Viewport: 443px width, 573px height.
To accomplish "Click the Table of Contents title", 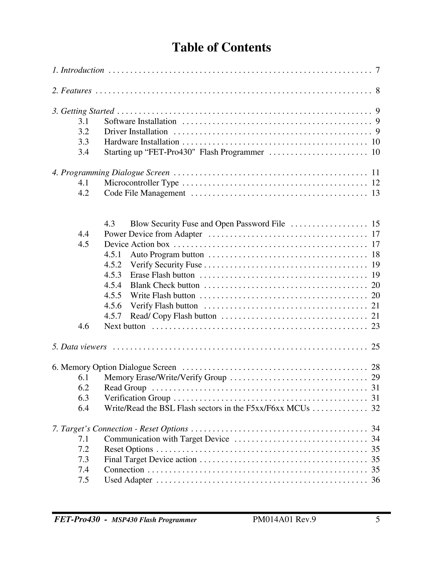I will click(x=221, y=48).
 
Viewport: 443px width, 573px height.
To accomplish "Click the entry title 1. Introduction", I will click(x=78, y=70).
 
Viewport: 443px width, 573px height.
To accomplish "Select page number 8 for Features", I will click(x=377, y=91).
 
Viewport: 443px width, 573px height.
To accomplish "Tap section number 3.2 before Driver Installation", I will click(x=83, y=132).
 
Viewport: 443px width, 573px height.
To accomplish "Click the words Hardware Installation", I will click(x=141, y=142).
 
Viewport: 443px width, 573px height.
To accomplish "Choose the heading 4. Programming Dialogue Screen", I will click(x=111, y=173).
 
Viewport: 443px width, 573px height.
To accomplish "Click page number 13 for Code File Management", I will click(x=376, y=193).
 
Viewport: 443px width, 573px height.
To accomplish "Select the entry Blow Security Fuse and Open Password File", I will click(x=207, y=224).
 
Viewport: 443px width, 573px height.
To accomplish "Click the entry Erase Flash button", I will click(x=162, y=275).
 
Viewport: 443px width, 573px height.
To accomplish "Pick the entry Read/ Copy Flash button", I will click(x=173, y=316).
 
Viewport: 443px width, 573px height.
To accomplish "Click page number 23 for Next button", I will click(x=376, y=326).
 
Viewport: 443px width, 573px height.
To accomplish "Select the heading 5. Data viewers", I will click(x=79, y=347).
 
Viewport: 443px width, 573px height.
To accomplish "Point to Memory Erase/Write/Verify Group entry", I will click(x=165, y=378).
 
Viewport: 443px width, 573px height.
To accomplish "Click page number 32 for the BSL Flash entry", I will click(x=376, y=408).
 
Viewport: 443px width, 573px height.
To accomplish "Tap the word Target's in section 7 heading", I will click(x=75, y=429).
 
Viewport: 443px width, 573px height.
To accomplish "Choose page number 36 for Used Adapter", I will click(x=376, y=480).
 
